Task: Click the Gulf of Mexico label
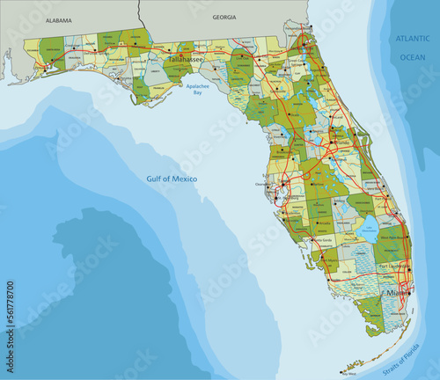pyautogui.click(x=172, y=179)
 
